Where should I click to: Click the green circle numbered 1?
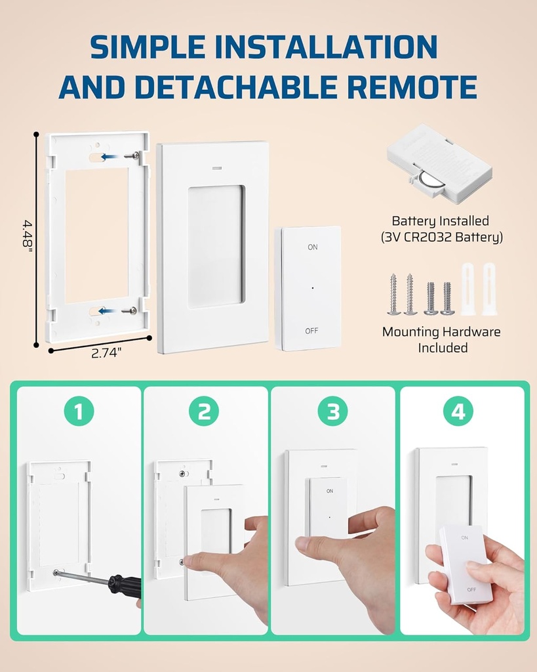point(79,411)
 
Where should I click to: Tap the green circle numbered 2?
point(204,411)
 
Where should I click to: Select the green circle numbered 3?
point(332,411)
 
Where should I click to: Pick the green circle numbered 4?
point(458,411)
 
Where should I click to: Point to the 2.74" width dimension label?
point(106,353)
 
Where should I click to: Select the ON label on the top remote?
point(312,247)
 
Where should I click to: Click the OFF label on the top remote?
point(311,331)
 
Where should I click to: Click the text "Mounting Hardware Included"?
point(441,339)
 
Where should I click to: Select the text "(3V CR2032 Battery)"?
point(441,238)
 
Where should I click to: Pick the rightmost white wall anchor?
point(488,289)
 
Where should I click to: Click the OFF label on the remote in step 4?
point(471,589)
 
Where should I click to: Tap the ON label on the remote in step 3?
point(330,490)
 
